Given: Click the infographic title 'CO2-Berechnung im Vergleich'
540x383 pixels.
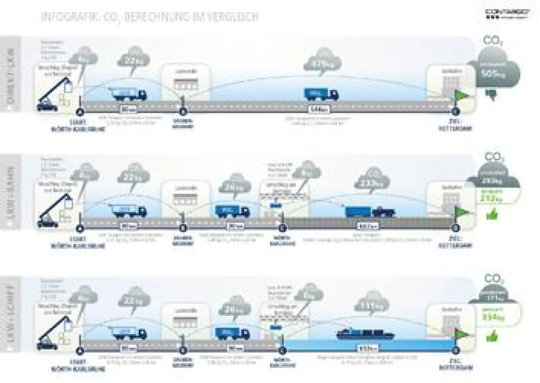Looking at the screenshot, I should [149, 18].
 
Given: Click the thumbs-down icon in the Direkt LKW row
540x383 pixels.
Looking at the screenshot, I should [492, 95].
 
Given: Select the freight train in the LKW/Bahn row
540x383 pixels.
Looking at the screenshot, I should [370, 211].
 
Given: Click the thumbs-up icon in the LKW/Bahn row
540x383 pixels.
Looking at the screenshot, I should [492, 216].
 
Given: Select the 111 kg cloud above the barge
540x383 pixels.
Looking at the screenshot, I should [372, 304].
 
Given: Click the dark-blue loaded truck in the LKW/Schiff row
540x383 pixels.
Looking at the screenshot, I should [232, 333].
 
